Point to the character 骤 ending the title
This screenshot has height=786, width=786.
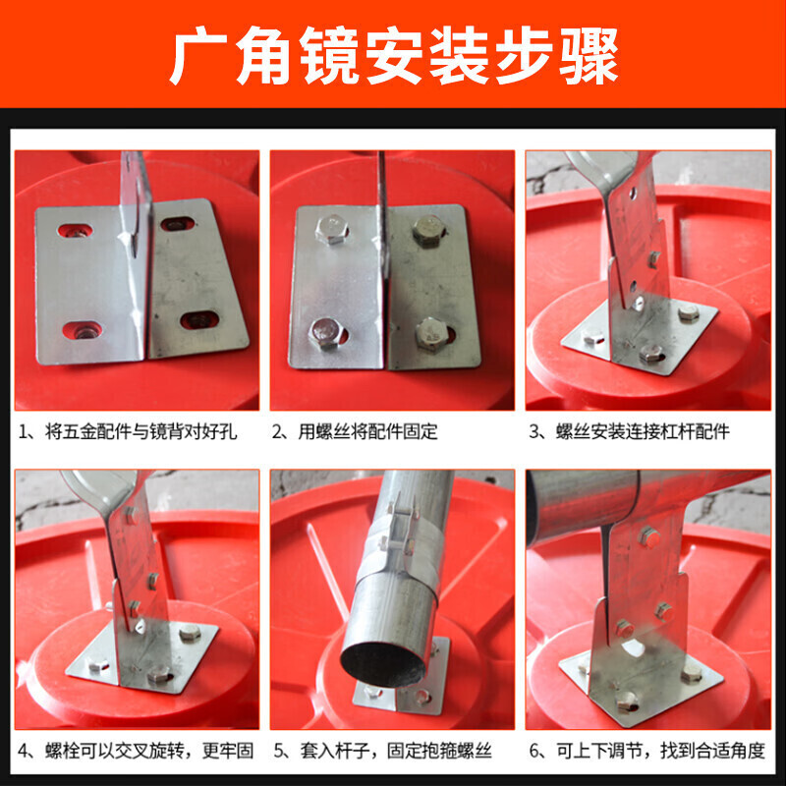[589, 56]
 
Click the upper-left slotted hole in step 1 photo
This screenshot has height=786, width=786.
[76, 231]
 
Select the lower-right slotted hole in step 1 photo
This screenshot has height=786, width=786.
[199, 320]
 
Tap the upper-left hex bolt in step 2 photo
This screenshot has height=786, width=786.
[332, 230]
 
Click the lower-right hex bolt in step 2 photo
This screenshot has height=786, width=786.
[431, 334]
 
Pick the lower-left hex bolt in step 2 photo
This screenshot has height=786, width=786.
[326, 333]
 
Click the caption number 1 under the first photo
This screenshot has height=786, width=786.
[23, 432]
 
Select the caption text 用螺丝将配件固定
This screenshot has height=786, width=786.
[368, 432]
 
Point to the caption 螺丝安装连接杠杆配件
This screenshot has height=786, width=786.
[643, 432]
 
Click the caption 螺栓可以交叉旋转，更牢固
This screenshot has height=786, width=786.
[149, 751]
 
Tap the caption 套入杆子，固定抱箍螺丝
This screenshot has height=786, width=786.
[396, 751]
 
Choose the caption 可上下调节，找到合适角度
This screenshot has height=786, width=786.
[661, 751]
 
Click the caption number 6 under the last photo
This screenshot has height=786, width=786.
[534, 751]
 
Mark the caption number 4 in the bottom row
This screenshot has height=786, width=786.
[24, 751]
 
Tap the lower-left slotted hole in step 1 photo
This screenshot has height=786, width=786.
[83, 330]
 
